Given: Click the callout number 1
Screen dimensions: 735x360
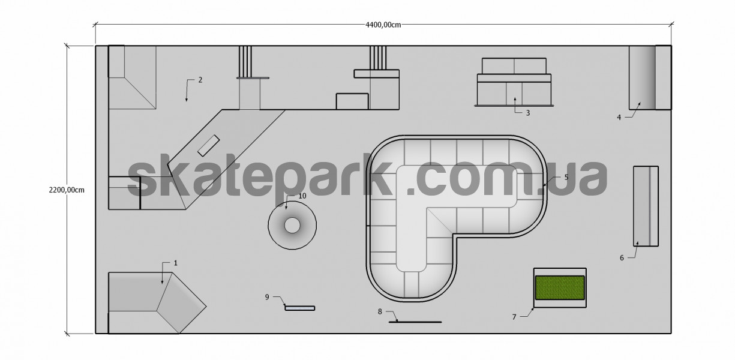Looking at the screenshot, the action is (x=176, y=263).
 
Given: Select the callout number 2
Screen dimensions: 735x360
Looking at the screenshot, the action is (x=200, y=80).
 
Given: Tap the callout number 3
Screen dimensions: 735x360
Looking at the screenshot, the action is (x=528, y=113).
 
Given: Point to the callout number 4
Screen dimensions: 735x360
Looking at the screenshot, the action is (x=619, y=117).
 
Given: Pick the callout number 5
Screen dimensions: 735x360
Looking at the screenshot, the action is (x=566, y=177).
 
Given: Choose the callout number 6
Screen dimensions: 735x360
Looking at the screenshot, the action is (x=622, y=258).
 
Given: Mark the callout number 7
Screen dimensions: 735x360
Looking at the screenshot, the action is (x=514, y=317).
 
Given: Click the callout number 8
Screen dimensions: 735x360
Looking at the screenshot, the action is (x=380, y=311).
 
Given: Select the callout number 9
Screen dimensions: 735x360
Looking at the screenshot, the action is (x=267, y=297).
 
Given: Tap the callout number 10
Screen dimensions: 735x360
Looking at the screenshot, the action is (x=302, y=196).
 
